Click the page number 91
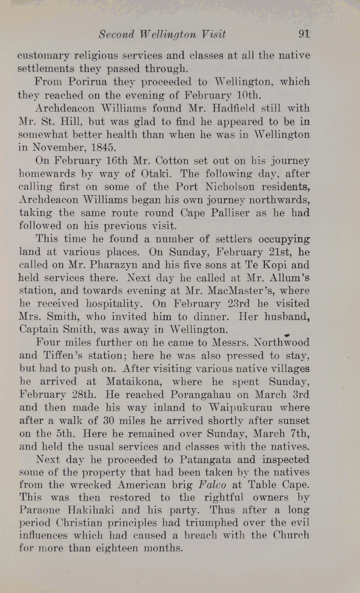(x=303, y=35)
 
